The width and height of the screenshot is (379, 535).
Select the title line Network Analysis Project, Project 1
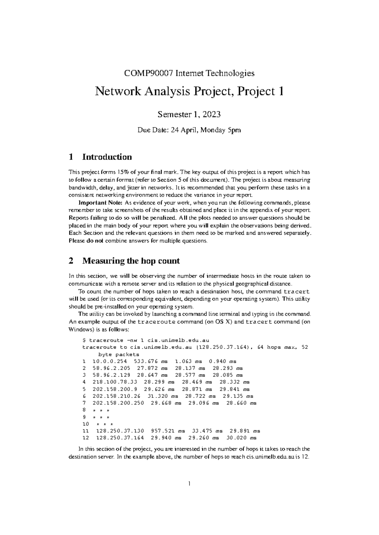point(189,91)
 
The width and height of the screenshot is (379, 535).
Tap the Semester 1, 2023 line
point(189,115)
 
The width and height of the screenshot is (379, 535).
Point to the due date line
point(189,130)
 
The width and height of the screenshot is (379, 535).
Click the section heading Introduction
point(107,157)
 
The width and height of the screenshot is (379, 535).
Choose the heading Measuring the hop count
point(131,261)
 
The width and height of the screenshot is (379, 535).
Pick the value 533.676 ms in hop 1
point(151,362)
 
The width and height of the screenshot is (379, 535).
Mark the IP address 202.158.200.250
point(118,403)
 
